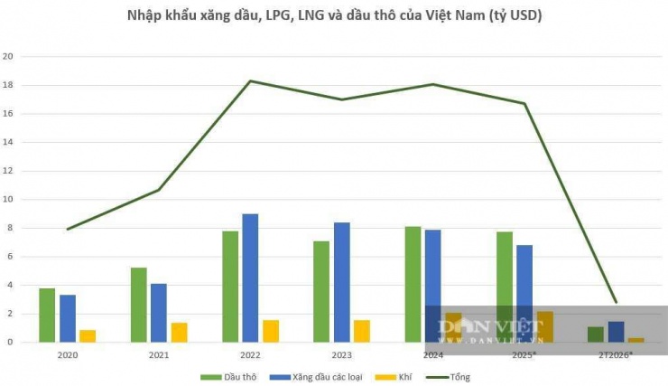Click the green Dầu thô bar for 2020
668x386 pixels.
(47, 315)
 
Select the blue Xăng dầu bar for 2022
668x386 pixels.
(250, 278)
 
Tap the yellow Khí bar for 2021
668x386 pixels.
(179, 332)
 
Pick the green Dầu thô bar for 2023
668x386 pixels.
(322, 291)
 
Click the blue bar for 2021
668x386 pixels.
(158, 313)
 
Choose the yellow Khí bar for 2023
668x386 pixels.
(361, 331)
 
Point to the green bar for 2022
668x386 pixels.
(230, 287)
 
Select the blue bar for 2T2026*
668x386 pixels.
(615, 332)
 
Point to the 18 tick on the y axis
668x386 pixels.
(9, 85)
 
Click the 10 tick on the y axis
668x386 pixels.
(9, 199)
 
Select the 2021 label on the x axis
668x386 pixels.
(159, 355)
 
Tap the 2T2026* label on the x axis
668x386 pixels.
(616, 355)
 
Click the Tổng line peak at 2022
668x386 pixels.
(250, 81)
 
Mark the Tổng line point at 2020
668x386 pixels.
(68, 229)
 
